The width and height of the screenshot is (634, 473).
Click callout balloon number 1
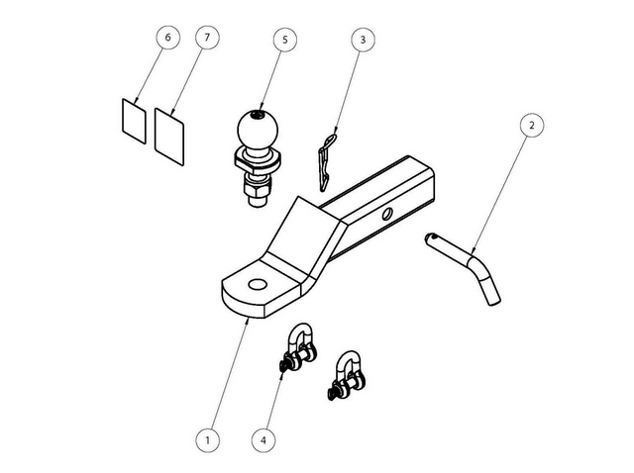(x=206, y=436)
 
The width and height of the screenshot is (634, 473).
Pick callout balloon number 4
(x=264, y=436)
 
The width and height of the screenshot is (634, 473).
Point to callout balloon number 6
(x=168, y=37)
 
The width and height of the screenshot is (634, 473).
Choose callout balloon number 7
(x=206, y=37)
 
